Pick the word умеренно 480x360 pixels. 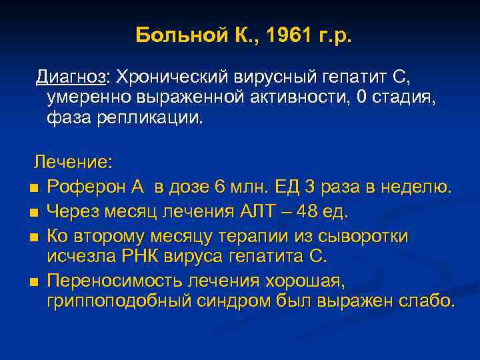(89, 98)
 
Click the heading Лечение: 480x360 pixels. (74, 163)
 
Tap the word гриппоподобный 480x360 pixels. (119, 301)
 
